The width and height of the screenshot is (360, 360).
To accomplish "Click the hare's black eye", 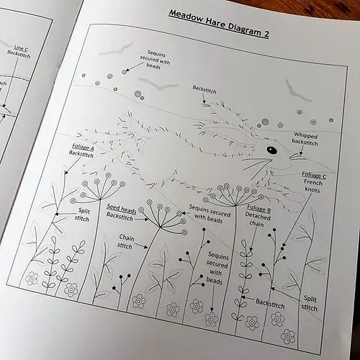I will (x=271, y=150).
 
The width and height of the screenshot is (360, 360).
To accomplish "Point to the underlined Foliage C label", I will (x=314, y=175).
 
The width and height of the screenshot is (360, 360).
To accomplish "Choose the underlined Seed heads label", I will (x=121, y=210).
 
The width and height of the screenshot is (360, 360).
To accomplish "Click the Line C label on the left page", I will (x=20, y=48).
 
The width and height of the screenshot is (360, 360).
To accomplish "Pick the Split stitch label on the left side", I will (x=83, y=214).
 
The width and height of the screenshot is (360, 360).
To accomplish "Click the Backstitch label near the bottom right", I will (x=270, y=305).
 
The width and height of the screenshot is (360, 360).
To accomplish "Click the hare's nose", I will (x=292, y=156).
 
